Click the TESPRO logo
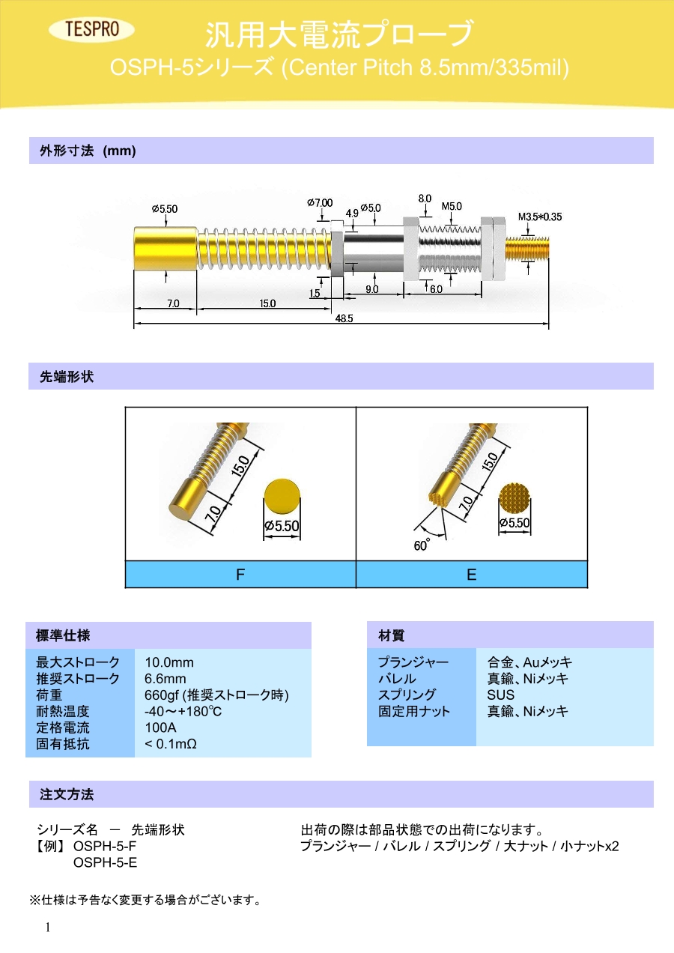tap(92, 30)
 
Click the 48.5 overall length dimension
tap(344, 318)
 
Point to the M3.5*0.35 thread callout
tap(539, 217)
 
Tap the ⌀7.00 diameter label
tap(320, 203)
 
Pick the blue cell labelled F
tap(240, 575)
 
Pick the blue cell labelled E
tap(472, 575)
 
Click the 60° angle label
tap(422, 545)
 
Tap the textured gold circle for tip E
tap(515, 496)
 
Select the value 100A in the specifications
tap(160, 727)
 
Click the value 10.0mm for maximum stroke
tap(169, 662)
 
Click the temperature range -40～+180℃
tap(184, 711)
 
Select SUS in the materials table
tap(501, 695)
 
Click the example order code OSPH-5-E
tap(105, 862)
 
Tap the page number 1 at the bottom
tap(48, 928)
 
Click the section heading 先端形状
tap(66, 377)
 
